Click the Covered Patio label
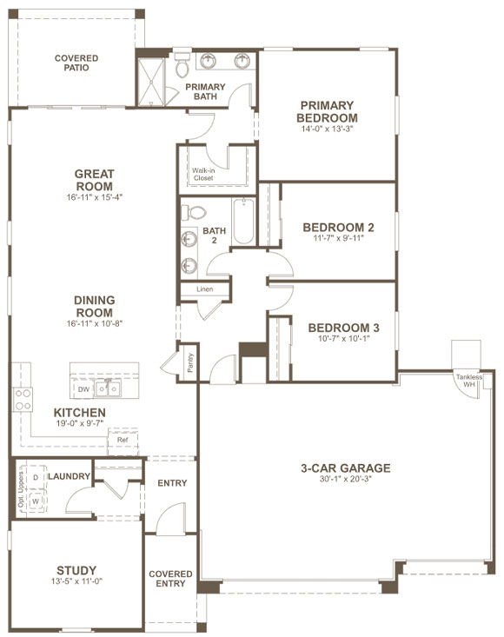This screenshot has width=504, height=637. tap(76, 63)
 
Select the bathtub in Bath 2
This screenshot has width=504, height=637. tap(242, 222)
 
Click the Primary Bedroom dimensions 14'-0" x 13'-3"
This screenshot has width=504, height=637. tap(327, 129)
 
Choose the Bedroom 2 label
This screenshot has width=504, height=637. tap(338, 228)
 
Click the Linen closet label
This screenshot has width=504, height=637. tap(204, 289)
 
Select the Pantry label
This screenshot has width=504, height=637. tap(189, 362)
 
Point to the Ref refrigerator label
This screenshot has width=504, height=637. tap(123, 440)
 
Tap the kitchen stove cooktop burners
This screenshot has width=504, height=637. tap(23, 399)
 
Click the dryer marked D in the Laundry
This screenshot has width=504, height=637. tap(36, 478)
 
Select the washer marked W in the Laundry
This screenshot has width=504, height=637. tap(36, 501)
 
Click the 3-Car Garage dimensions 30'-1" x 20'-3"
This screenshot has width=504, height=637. tap(345, 481)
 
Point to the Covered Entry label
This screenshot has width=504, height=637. tap(170, 579)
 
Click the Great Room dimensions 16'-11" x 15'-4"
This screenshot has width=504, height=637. tap(94, 197)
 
